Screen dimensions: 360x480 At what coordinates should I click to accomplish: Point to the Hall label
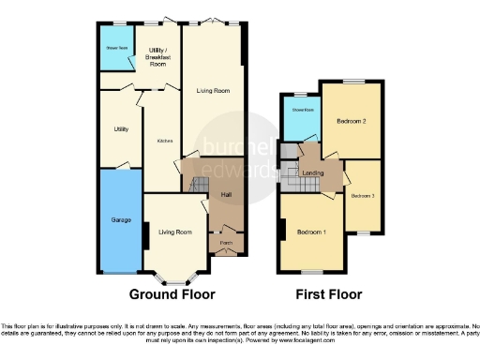click(x=226, y=195)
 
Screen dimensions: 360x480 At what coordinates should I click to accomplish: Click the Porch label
click(x=226, y=243)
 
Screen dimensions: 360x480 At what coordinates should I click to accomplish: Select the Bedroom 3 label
click(x=363, y=196)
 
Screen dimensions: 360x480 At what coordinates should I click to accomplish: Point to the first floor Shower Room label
click(x=301, y=110)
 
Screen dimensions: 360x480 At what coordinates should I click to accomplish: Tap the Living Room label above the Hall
click(x=213, y=91)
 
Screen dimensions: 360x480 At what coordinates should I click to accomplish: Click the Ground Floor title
click(x=168, y=293)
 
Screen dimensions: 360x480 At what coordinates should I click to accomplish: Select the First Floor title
click(x=328, y=293)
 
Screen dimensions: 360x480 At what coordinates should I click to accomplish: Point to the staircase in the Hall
click(x=200, y=186)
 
